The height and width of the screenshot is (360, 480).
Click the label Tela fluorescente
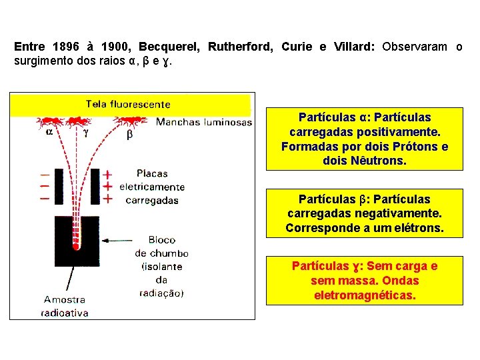[128, 104]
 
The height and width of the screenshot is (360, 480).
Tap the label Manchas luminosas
[203, 122]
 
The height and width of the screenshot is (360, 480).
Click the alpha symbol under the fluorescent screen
[49, 132]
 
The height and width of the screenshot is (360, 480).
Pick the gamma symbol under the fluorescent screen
[85, 133]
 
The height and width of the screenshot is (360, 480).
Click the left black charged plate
[59, 187]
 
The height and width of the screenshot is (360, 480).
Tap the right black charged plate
[95, 187]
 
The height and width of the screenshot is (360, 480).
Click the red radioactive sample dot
[76, 246]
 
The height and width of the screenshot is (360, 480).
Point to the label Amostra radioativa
[65, 306]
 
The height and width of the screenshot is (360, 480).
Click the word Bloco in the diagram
[162, 240]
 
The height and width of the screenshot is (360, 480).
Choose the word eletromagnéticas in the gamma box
[365, 295]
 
